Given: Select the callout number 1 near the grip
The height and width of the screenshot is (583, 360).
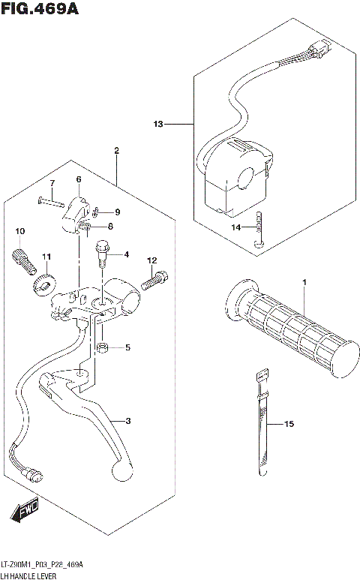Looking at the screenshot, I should coord(305,282).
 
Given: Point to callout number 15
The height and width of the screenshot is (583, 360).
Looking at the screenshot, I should coord(289,425).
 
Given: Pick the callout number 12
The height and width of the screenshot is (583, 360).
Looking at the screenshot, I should coord(151,260).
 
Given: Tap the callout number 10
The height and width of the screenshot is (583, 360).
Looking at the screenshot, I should coord(20,230).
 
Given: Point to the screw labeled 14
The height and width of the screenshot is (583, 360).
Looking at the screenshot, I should coord(259,229).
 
